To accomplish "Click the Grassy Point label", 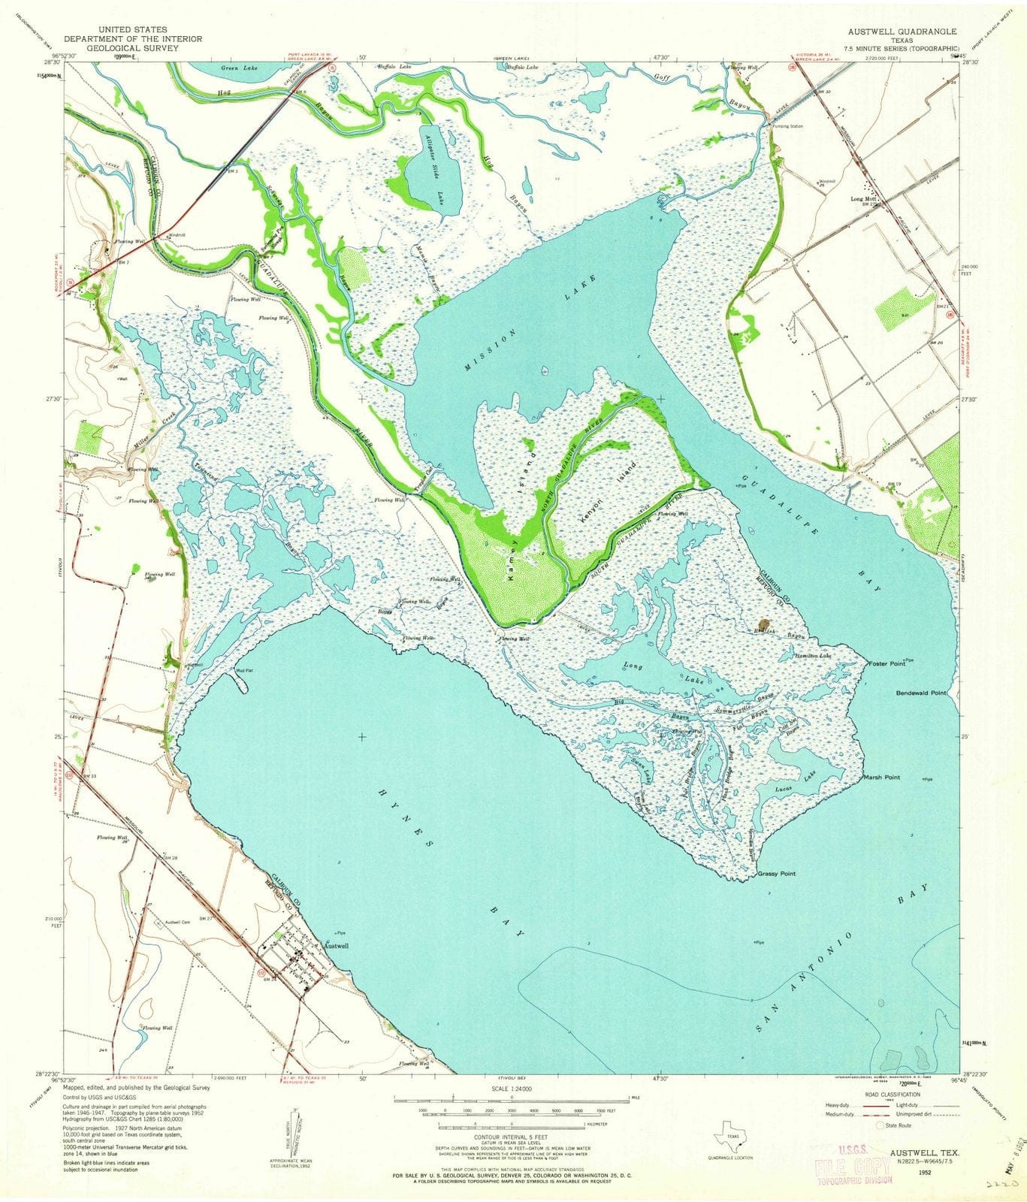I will [776, 874].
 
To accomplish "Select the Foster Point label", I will [884, 664].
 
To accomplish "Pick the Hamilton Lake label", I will [814, 656].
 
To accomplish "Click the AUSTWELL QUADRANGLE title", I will [892, 32].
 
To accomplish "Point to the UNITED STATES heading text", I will [121, 29].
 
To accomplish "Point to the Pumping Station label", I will [787, 126].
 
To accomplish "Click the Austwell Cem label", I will [164, 923].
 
